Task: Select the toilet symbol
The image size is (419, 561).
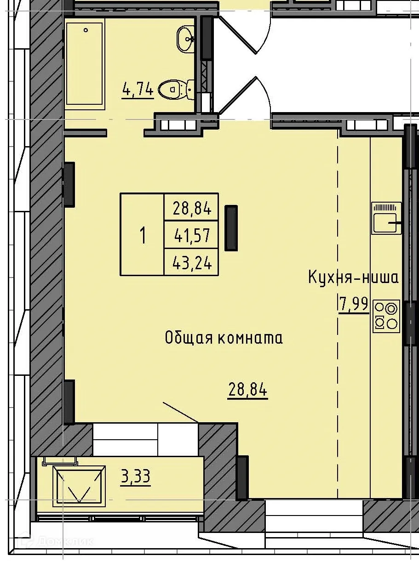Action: point(177,89)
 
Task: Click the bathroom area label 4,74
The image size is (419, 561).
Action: point(138,90)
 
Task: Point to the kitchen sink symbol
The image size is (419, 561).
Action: point(386,218)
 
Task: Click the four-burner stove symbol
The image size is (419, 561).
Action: point(386,316)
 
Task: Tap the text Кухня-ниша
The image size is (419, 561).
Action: point(353,278)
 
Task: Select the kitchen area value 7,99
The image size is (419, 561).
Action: point(354,304)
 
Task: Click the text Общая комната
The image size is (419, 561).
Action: point(224,338)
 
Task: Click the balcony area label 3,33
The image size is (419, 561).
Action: point(135,477)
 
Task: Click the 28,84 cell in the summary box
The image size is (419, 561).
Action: point(192,209)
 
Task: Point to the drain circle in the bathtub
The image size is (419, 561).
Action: point(86,30)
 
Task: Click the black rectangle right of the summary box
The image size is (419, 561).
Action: point(231,228)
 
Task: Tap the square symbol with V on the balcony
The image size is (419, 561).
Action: point(79,486)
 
